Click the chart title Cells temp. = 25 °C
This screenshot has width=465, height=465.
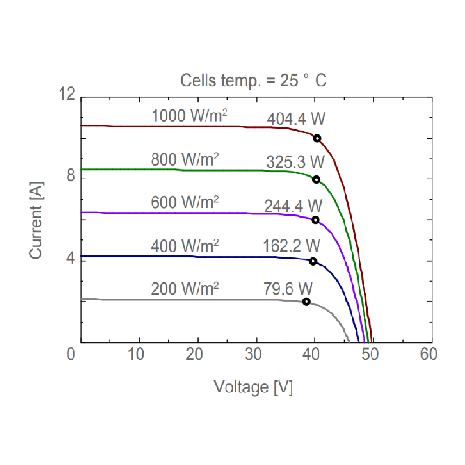click(253, 80)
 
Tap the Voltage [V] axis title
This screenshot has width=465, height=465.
click(253, 386)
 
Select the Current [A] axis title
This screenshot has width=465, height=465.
click(38, 220)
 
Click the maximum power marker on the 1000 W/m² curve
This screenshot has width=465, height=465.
click(317, 138)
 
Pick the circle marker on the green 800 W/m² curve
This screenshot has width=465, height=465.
click(316, 179)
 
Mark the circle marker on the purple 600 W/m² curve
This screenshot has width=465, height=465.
click(315, 220)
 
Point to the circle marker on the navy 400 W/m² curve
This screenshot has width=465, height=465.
click(313, 261)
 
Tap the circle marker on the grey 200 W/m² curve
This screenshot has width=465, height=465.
click(306, 301)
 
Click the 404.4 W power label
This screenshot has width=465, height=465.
click(296, 120)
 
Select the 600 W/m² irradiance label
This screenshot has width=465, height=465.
click(185, 203)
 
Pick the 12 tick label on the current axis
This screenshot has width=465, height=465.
click(68, 95)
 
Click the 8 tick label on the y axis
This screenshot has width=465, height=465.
click(71, 179)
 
